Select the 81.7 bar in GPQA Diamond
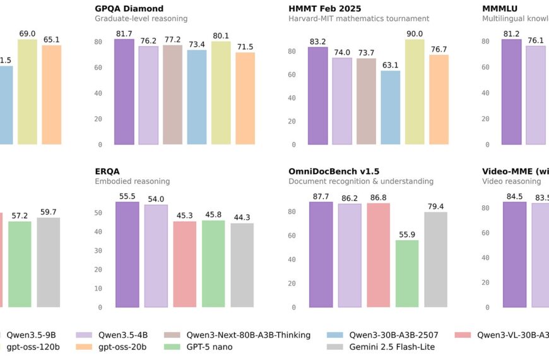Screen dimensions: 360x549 point(124,92)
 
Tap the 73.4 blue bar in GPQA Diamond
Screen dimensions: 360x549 point(197,97)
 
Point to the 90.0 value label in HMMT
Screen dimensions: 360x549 point(415,33)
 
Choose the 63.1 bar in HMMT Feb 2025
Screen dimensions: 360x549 point(391,107)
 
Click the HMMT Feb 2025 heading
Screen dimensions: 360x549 point(325,9)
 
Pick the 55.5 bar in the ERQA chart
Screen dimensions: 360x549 point(128,255)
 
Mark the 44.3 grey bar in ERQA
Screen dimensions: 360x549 point(242,265)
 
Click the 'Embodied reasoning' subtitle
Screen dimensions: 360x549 point(132,181)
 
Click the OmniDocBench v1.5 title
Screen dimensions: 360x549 point(334,171)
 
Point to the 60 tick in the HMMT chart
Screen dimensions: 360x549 point(292,75)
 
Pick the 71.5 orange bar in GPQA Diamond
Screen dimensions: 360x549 point(245,99)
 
